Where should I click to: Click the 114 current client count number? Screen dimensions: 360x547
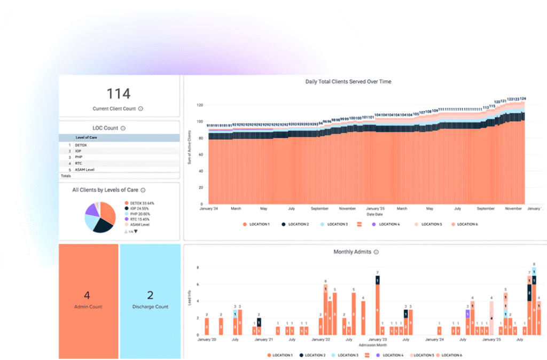pos(119,94)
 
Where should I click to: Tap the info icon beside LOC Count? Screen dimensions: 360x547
pos(123,128)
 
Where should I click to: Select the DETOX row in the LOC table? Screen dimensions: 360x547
pos(81,145)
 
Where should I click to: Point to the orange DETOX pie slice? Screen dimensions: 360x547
pos(108,212)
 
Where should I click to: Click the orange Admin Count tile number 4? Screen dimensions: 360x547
pos(87,295)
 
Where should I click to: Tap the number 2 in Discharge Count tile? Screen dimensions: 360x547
pos(150,295)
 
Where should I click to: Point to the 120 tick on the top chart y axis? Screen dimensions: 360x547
pos(200,105)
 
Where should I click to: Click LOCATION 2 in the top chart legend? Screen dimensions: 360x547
pos(297,224)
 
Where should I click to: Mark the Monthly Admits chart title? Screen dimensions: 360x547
pos(353,252)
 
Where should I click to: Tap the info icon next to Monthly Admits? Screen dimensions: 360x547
pos(376,252)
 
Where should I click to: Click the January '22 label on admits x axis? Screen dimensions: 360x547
pos(321,340)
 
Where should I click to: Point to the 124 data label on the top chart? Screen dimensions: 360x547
pos(523,99)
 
